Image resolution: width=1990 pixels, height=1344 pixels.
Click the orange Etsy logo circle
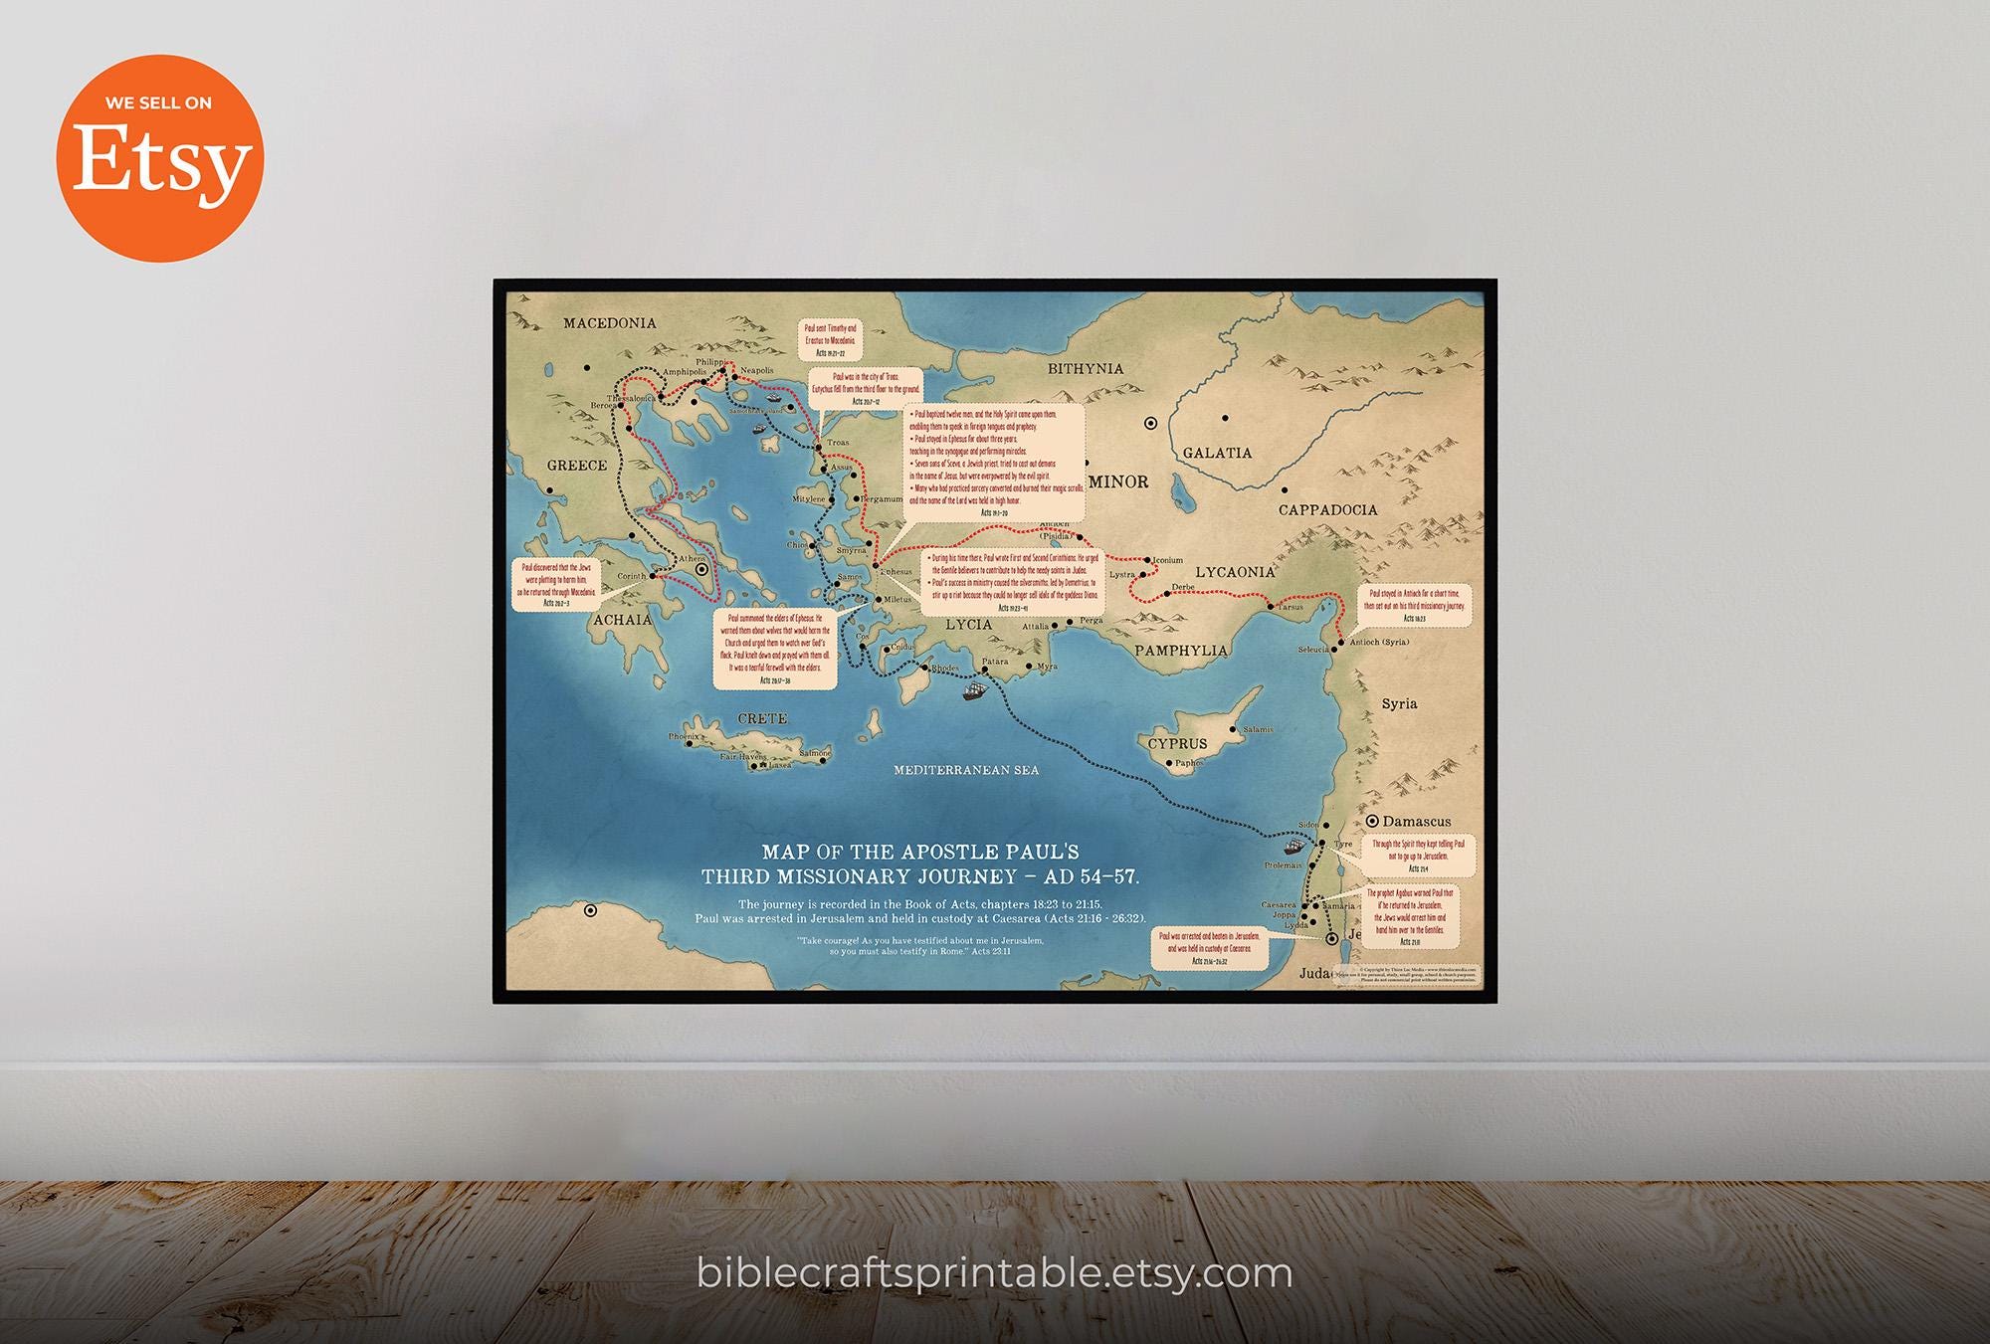pyautogui.click(x=159, y=158)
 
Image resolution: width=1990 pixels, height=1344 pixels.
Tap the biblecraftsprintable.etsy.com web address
pyautogui.click(x=994, y=1272)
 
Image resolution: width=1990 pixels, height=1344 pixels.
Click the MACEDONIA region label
pyautogui.click(x=609, y=323)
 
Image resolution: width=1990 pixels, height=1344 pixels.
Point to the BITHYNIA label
pyautogui.click(x=1086, y=369)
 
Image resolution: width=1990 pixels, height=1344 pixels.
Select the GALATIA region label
pyautogui.click(x=1217, y=454)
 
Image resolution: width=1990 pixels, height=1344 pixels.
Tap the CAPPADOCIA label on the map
pyautogui.click(x=1327, y=510)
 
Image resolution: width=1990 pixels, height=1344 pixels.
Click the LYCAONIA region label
pyautogui.click(x=1235, y=573)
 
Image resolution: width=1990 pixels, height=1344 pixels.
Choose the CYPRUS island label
pyautogui.click(x=1177, y=744)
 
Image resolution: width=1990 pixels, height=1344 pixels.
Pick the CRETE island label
pyautogui.click(x=762, y=718)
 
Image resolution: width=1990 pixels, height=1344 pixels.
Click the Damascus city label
pyautogui.click(x=1416, y=822)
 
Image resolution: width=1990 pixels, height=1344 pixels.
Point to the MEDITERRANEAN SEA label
pyautogui.click(x=965, y=770)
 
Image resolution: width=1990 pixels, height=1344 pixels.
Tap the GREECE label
pyautogui.click(x=577, y=466)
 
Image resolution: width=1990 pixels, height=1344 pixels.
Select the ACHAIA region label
pyautogui.click(x=622, y=620)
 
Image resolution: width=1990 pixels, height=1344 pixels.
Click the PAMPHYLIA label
pyautogui.click(x=1181, y=651)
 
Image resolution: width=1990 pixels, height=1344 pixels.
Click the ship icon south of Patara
pyautogui.click(x=975, y=689)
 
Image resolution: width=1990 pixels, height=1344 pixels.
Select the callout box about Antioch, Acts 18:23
pyautogui.click(x=1414, y=605)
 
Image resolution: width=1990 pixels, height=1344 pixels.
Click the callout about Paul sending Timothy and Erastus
pyautogui.click(x=829, y=340)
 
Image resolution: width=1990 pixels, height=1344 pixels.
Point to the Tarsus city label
pyautogui.click(x=1290, y=607)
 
